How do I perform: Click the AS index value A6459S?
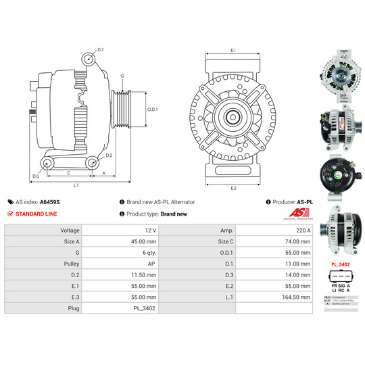[x=49, y=201]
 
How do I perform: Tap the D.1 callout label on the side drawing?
[x=101, y=50]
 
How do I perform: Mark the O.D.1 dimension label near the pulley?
[x=153, y=109]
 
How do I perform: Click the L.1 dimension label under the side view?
[x=76, y=185]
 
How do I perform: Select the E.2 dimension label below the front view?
[x=233, y=187]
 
